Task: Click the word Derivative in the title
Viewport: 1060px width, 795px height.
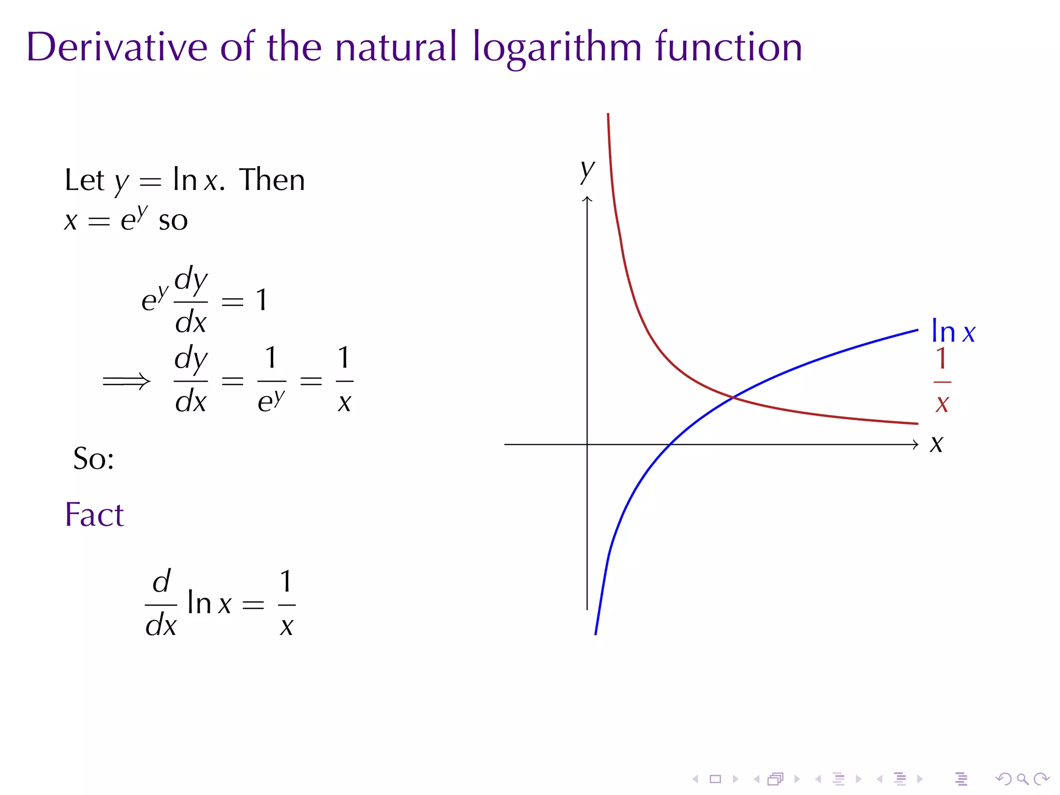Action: [117, 48]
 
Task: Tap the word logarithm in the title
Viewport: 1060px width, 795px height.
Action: [557, 48]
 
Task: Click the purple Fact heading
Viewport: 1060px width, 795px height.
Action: [94, 514]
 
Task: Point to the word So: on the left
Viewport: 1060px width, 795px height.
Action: [94, 459]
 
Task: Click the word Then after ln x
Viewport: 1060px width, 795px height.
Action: [272, 180]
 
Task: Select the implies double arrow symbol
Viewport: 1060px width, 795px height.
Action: [126, 381]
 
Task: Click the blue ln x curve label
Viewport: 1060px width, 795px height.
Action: [952, 332]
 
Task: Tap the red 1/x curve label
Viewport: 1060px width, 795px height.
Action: [942, 381]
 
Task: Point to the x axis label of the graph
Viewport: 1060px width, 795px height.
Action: [936, 444]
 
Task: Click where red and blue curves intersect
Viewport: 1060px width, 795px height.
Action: [734, 397]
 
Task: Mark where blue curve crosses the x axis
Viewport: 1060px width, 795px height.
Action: [670, 444]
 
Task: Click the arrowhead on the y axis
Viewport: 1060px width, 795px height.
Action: [587, 199]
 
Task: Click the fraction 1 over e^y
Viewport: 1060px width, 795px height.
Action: [271, 381]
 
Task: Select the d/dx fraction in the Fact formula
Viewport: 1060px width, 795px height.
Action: [161, 604]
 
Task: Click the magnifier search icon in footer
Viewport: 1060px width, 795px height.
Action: [1022, 779]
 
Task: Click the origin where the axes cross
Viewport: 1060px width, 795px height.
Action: [587, 444]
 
